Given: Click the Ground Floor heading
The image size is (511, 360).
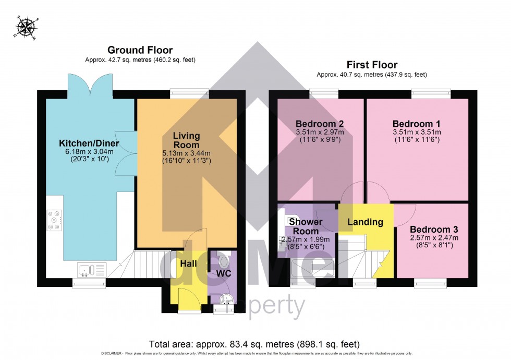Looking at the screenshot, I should [x=140, y=50].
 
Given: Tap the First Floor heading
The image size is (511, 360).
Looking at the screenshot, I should [x=372, y=65].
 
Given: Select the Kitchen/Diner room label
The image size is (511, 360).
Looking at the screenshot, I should [x=89, y=143].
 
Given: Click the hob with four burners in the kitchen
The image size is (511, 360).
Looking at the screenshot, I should [x=55, y=220].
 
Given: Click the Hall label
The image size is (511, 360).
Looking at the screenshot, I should [x=189, y=264].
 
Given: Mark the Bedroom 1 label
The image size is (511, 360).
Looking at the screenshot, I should [x=417, y=124].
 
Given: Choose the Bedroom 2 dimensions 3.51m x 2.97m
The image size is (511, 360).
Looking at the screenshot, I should [x=319, y=133].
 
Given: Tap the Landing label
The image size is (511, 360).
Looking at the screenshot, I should [x=366, y=222].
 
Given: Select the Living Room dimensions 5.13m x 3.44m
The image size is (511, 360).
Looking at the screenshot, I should [x=186, y=154].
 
